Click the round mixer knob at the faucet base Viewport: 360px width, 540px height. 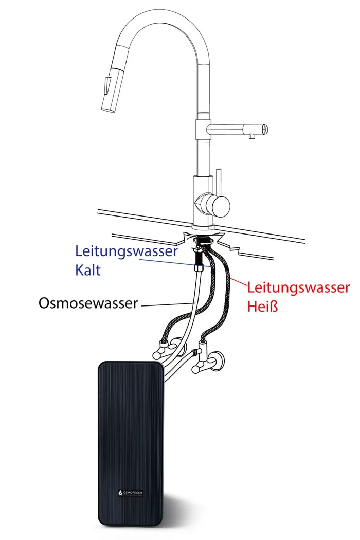(x=215, y=204)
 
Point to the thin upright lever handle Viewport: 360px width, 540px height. (x=218, y=180)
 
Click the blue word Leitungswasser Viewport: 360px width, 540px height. (x=126, y=251)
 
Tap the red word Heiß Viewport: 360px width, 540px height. (x=264, y=307)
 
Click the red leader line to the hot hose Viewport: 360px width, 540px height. (x=239, y=282)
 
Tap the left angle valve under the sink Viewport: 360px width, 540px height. (x=165, y=350)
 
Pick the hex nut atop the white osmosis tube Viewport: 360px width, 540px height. (x=199, y=268)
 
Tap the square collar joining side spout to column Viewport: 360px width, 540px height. (x=202, y=128)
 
